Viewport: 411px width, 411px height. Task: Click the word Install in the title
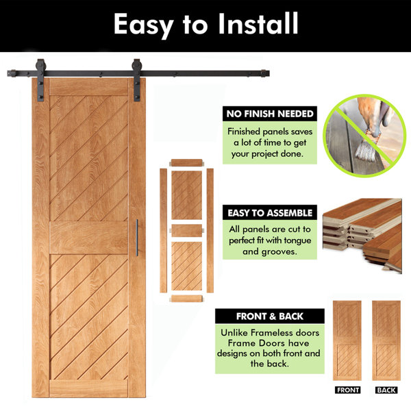tap(258, 23)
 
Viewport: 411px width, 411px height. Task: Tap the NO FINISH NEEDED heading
tap(270, 114)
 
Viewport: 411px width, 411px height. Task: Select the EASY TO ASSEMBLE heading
tap(270, 213)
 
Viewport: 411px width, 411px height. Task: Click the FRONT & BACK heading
tap(270, 316)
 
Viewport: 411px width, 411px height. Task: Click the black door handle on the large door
tap(137, 238)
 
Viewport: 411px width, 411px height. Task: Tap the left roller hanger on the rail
tap(40, 80)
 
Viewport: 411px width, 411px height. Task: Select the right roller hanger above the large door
tap(137, 80)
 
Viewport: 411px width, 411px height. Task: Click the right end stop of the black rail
tap(264, 73)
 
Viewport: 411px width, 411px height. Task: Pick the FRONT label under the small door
tap(347, 390)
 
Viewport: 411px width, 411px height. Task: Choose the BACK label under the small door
tap(386, 390)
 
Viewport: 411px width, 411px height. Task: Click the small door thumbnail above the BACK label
tap(386, 340)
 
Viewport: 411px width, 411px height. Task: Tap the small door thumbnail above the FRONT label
tap(347, 340)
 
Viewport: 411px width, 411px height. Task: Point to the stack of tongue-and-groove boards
tap(362, 235)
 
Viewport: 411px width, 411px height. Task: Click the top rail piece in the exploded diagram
tap(186, 162)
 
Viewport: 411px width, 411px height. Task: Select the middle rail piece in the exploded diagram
tap(186, 231)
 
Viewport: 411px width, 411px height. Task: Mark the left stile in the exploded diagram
tap(163, 230)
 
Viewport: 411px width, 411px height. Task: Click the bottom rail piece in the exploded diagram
tap(186, 299)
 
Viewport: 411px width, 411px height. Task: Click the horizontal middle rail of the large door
tap(88, 238)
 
